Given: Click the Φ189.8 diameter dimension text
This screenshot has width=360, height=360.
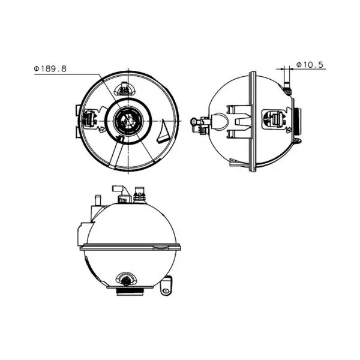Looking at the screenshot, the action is tap(50, 68).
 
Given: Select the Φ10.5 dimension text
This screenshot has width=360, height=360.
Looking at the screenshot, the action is tap(310, 65).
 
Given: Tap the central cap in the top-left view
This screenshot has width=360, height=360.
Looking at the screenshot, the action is tap(128, 121).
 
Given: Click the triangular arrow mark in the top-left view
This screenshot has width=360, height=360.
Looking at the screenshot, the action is tap(163, 131).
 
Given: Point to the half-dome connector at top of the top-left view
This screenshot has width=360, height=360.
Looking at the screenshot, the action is tap(125, 88).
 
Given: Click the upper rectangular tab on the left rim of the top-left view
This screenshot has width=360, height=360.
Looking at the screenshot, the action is tap(78, 110).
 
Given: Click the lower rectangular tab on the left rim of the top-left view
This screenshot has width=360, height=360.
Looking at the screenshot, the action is tap(78, 133).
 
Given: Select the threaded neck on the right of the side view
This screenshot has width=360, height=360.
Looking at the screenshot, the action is tap(298, 121).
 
